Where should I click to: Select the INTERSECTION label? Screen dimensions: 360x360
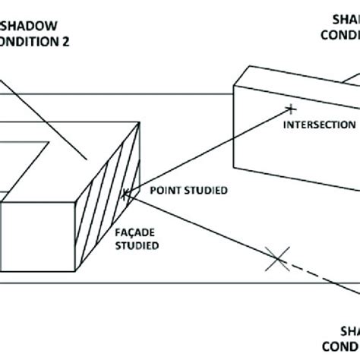(x=318, y=124)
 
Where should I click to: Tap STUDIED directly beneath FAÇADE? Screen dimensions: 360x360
(x=138, y=245)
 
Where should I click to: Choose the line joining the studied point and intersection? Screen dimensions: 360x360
(x=205, y=152)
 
